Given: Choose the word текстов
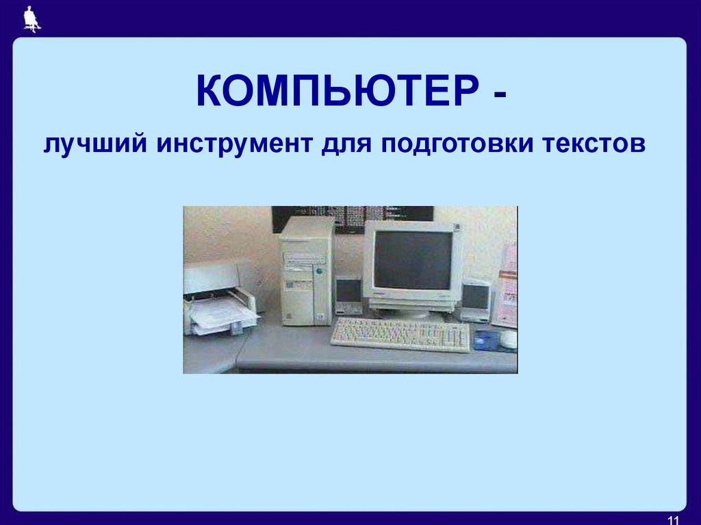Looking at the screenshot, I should [x=594, y=146].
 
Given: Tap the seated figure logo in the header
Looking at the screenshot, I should [x=31, y=18].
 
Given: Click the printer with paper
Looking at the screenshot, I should [x=218, y=301].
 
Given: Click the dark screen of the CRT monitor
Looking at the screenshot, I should [x=413, y=259].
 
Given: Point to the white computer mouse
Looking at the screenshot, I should [x=508, y=339].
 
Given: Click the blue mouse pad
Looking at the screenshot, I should [x=487, y=340].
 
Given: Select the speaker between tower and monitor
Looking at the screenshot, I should [x=348, y=295].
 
